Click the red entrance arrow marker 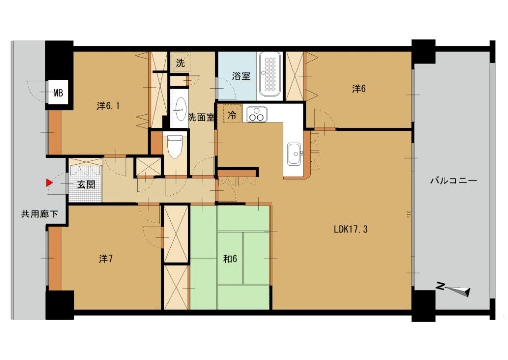coord(49,183)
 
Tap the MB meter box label coord(58,93)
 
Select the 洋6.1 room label coord(108,106)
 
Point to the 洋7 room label coord(106,259)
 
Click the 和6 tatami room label coord(230,259)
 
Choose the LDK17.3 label coord(351,229)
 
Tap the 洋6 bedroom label coord(359,88)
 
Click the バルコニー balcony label coord(453,181)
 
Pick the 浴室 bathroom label coord(241,76)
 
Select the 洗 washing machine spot coord(181,63)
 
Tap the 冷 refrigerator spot coord(232,115)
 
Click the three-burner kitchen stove coord(256,115)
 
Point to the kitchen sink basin coord(295,154)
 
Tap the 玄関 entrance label coord(86,185)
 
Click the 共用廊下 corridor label coord(40,214)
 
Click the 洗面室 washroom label coord(201,117)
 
